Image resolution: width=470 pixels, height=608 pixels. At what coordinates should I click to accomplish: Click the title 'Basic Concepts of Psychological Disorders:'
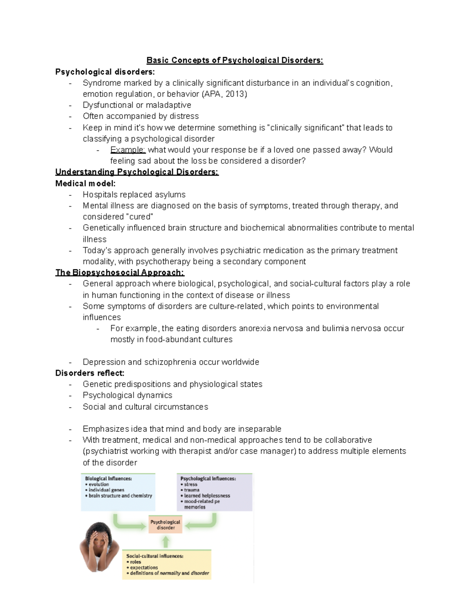[x=235, y=60]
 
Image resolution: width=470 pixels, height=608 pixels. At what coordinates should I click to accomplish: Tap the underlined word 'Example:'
[x=128, y=150]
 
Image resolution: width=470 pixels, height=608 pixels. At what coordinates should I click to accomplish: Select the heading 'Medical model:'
[x=85, y=183]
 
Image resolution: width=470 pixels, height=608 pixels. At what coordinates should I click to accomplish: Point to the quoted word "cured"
[x=139, y=217]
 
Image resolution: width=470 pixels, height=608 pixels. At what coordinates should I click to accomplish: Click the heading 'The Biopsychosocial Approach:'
[x=119, y=272]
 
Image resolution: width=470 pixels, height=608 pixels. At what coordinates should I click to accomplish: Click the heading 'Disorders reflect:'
[x=90, y=373]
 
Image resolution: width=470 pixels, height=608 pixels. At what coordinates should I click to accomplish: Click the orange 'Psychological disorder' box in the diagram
[x=165, y=525]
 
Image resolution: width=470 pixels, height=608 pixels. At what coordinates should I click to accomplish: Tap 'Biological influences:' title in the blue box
[x=108, y=478]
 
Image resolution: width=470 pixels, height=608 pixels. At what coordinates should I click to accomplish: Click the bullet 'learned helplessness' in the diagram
[x=207, y=496]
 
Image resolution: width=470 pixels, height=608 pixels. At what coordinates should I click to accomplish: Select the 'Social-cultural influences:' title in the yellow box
[x=155, y=556]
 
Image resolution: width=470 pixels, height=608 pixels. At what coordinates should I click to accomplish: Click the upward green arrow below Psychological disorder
[x=166, y=542]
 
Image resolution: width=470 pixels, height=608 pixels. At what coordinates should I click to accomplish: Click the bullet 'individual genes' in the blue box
[x=106, y=490]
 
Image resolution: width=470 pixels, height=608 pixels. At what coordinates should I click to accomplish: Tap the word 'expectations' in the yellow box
[x=144, y=567]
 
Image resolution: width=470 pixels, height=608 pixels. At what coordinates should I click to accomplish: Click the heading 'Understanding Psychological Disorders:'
[x=137, y=172]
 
